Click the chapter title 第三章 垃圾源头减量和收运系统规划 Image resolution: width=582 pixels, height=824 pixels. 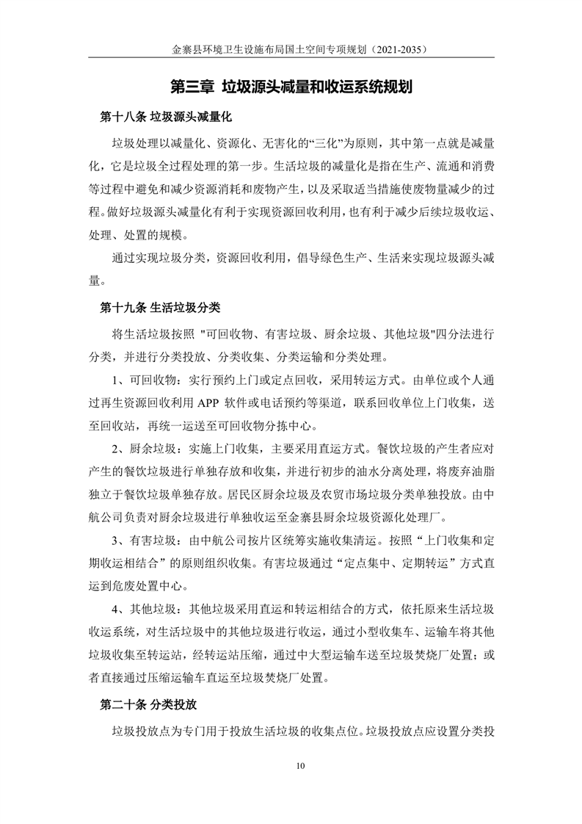point(290,87)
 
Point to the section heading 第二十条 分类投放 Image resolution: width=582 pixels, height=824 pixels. point(149,704)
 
